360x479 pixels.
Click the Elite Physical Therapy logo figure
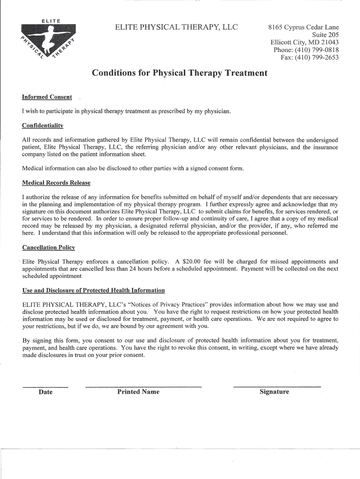(49, 39)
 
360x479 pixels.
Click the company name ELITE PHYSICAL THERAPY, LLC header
(177, 28)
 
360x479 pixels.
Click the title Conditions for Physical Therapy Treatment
(180, 73)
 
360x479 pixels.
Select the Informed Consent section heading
(47, 97)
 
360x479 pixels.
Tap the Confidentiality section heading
(43, 126)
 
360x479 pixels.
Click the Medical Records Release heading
(56, 182)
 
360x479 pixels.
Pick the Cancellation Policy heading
(49, 247)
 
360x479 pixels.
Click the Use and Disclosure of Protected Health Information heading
(94, 290)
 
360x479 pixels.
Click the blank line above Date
(45, 387)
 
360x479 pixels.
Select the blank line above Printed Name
(143, 387)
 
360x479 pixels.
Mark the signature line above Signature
(277, 387)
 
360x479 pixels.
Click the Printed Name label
(138, 392)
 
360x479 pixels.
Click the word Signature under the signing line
(274, 392)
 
